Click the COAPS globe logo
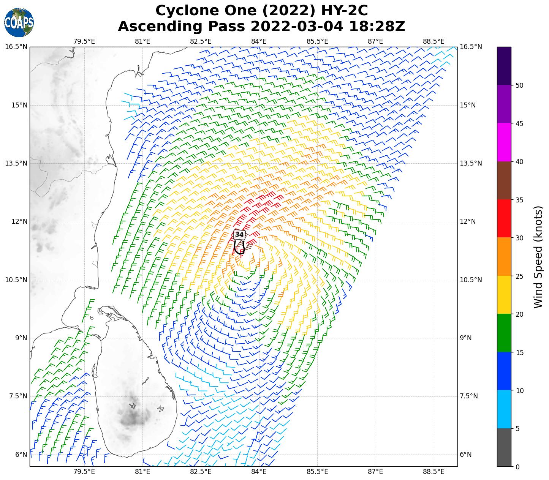click(x=19, y=22)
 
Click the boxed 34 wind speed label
click(x=239, y=235)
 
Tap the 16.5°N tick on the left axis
click(x=16, y=47)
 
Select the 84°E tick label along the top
click(x=259, y=41)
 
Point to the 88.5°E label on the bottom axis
click(x=434, y=472)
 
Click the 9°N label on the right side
click(x=465, y=338)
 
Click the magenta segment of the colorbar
click(x=504, y=142)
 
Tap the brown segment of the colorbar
click(x=504, y=180)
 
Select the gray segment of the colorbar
click(x=504, y=447)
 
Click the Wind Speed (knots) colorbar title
click(x=538, y=257)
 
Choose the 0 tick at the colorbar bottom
click(x=517, y=467)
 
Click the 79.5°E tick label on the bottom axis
click(x=84, y=472)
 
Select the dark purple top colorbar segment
click(x=504, y=66)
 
